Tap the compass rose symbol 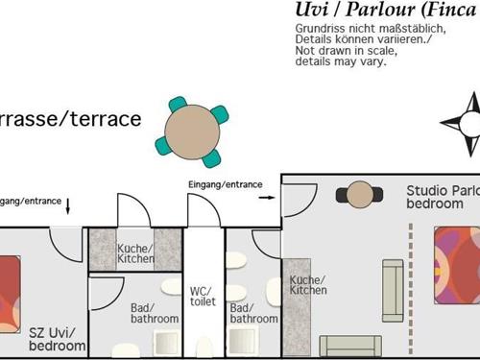466,124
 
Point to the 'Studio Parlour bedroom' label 442,197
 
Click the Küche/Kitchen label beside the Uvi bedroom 135,253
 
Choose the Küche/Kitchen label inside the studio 307,284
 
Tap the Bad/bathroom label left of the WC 155,313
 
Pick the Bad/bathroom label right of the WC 253,313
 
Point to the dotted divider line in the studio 411,288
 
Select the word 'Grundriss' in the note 318,29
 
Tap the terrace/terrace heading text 71,119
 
